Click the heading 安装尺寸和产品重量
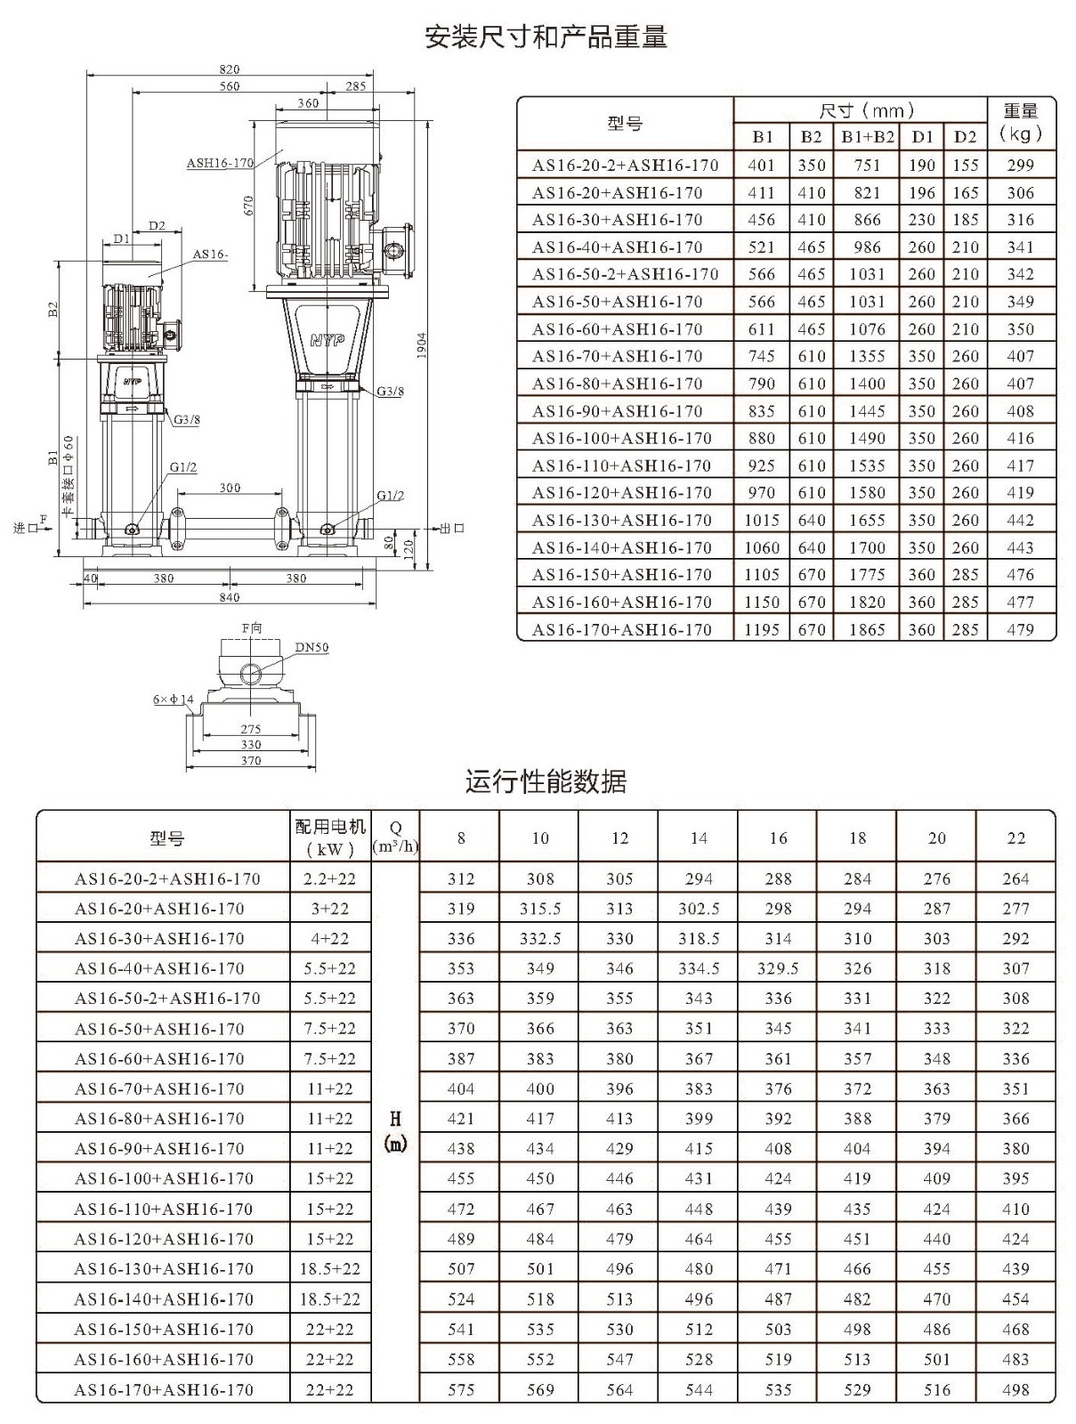pos(546,37)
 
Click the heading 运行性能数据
pos(546,781)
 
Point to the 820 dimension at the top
pos(230,69)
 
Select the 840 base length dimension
pos(230,597)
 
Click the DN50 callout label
pos(312,647)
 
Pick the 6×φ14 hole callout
pos(174,700)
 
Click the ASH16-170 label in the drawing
pos(220,163)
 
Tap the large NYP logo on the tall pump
pos(328,340)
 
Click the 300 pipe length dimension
pos(230,488)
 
